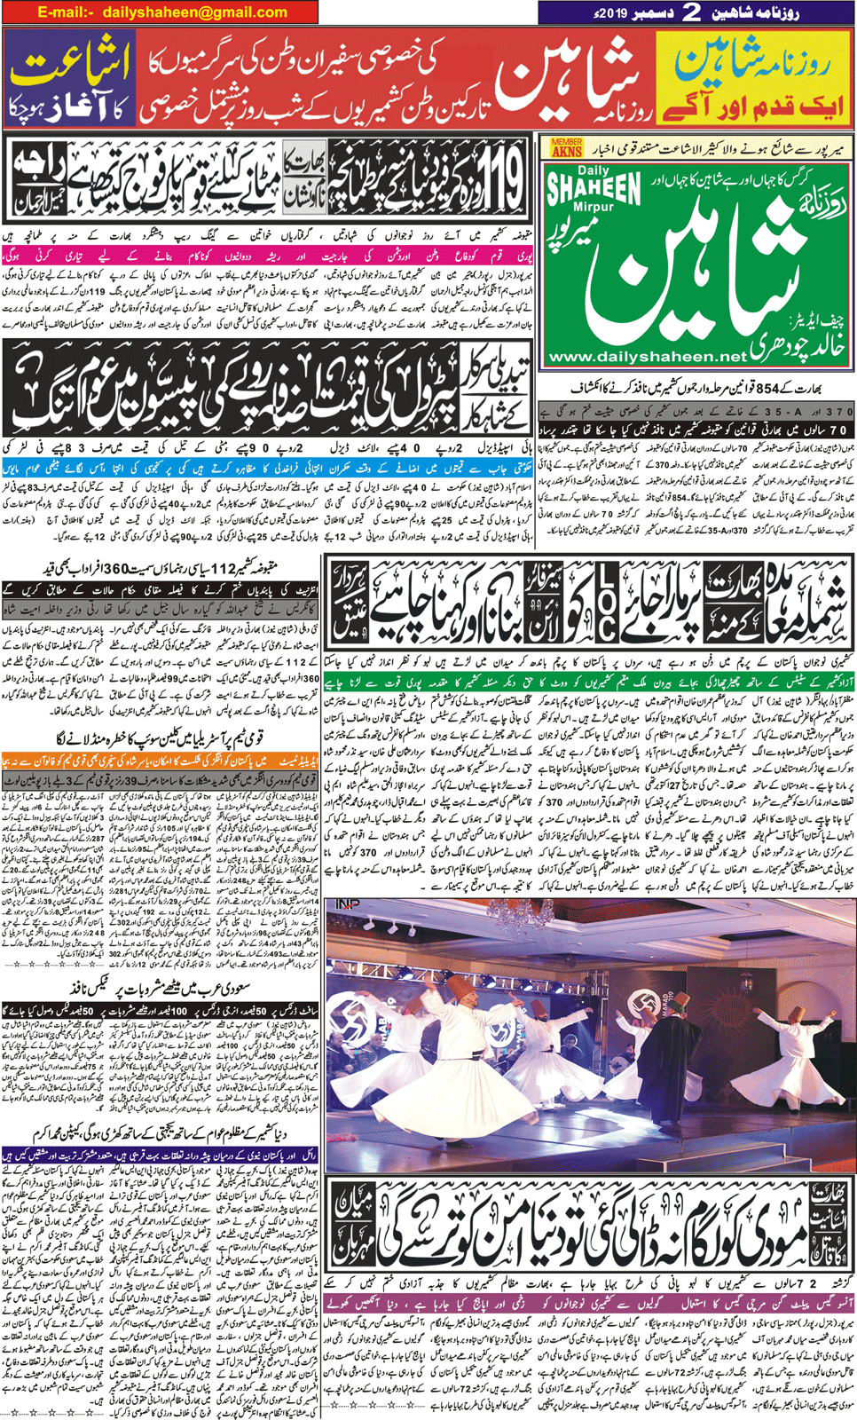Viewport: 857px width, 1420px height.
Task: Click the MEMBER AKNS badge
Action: (x=566, y=147)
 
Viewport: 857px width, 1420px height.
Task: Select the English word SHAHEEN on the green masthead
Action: (x=594, y=187)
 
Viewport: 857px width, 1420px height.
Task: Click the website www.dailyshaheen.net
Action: (x=648, y=356)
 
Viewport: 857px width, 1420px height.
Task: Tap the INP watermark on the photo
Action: (x=348, y=905)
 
